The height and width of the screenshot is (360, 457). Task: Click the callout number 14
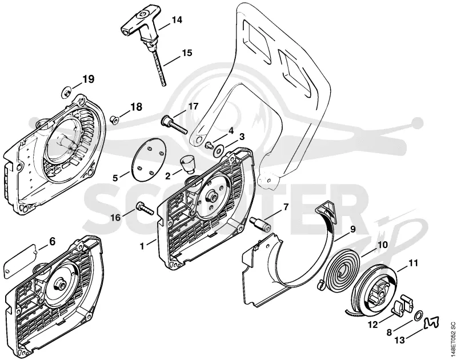[x=177, y=20]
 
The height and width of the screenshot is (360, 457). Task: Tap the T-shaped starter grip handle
[x=140, y=25]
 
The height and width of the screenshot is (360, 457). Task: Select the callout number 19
[x=89, y=79]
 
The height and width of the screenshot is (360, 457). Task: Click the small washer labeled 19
[x=67, y=93]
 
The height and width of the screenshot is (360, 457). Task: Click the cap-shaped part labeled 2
[x=188, y=165]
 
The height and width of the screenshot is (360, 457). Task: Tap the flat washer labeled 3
[x=218, y=150]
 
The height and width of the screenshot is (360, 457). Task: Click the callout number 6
[x=52, y=241]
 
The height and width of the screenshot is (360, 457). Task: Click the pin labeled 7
[x=260, y=223]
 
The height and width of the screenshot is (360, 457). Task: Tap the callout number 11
[x=412, y=263]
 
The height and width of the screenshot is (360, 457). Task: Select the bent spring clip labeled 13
[x=432, y=322]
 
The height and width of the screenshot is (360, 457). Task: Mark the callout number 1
[x=142, y=246]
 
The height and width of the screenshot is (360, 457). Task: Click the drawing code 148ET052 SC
[x=452, y=338]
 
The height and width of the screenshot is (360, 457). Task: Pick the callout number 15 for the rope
[x=187, y=53]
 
